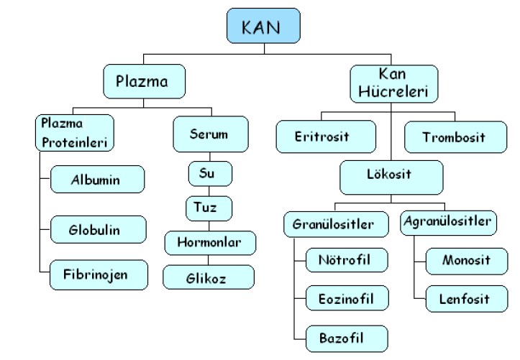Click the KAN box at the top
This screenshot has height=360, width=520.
point(263,27)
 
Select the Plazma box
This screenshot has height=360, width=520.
point(144,81)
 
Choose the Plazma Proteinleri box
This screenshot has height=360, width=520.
point(74,133)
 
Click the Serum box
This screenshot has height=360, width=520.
point(210,134)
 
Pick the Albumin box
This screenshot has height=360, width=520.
point(98,179)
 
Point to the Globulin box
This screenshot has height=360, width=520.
point(98,230)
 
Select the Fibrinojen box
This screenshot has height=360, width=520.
point(99,274)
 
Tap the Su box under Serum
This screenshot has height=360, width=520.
point(211,173)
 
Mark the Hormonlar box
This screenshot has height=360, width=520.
point(210,243)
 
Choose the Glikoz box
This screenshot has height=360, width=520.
point(209,277)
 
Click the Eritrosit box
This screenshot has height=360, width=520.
point(325,137)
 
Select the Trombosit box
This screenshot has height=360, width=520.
point(454,137)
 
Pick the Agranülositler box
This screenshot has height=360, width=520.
point(449,222)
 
